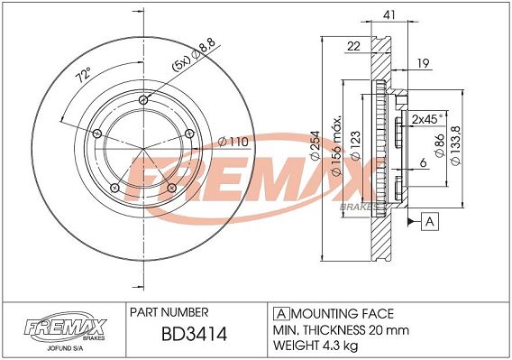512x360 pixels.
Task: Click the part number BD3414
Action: pyautogui.click(x=194, y=334)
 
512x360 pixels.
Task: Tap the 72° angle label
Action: pyautogui.click(x=83, y=75)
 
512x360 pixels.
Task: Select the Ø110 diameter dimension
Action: pyautogui.click(x=233, y=142)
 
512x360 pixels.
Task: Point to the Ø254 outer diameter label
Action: pyautogui.click(x=315, y=146)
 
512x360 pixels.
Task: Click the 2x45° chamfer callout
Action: pyautogui.click(x=427, y=119)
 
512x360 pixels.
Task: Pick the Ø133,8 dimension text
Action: pyautogui.click(x=456, y=145)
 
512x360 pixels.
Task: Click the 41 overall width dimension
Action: pyautogui.click(x=389, y=14)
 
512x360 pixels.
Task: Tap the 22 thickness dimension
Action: pyautogui.click(x=353, y=46)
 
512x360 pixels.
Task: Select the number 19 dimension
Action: pyautogui.click(x=423, y=63)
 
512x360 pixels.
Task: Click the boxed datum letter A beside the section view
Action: pyautogui.click(x=430, y=222)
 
